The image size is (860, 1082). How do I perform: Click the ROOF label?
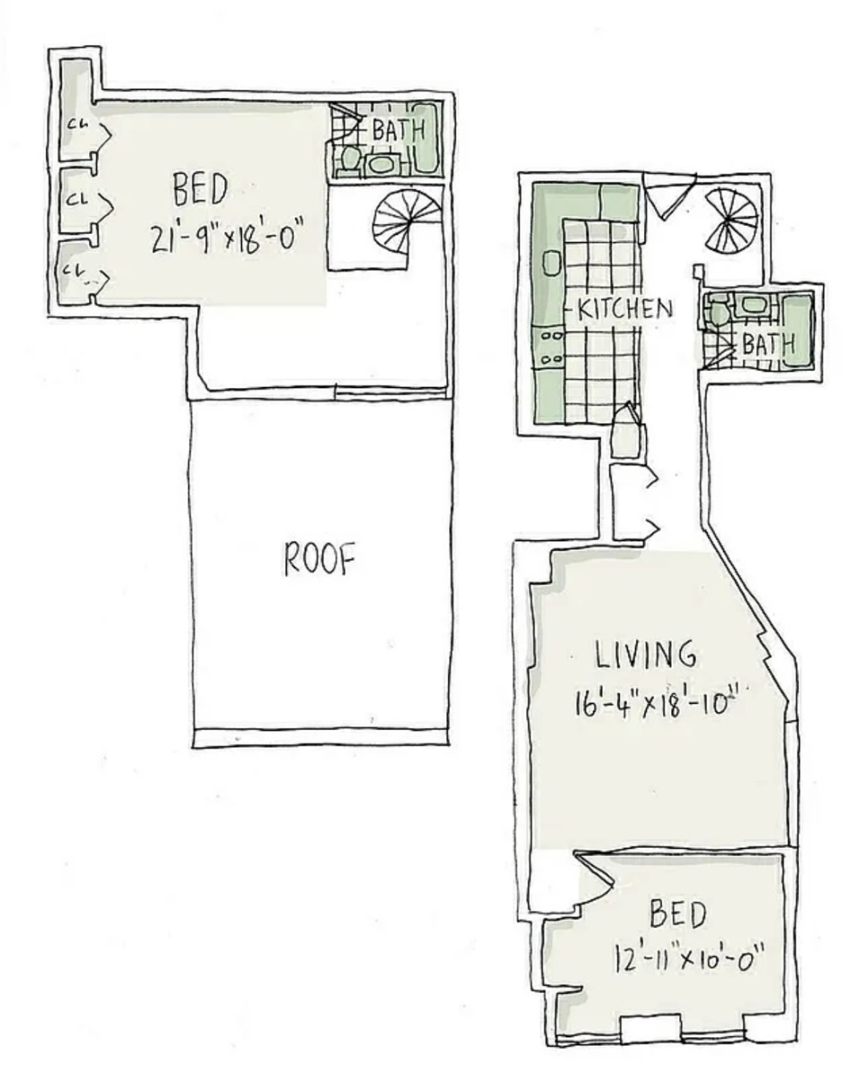pyautogui.click(x=319, y=559)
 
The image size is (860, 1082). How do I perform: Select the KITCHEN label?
pyautogui.click(x=625, y=309)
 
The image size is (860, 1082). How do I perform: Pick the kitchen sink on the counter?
pyautogui.click(x=551, y=263)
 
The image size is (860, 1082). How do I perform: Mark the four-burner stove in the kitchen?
pyautogui.click(x=551, y=348)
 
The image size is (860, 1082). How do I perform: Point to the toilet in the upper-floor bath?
pyautogui.click(x=349, y=158)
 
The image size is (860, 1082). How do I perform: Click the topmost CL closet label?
pyautogui.click(x=78, y=124)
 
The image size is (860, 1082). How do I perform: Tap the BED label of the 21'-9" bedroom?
pyautogui.click(x=200, y=190)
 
